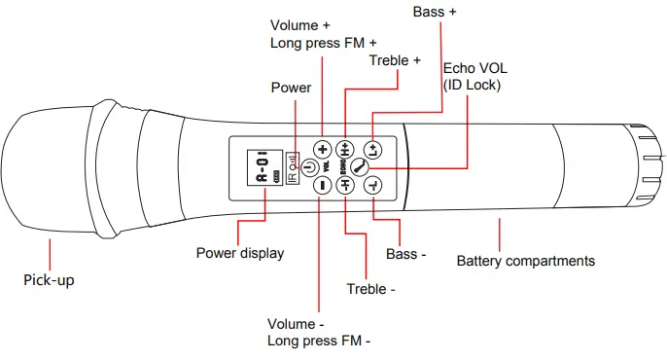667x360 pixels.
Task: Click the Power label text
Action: (x=291, y=88)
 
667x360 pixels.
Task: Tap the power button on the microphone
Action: (x=308, y=167)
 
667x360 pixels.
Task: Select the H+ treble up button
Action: (x=345, y=150)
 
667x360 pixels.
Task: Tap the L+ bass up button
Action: (x=374, y=149)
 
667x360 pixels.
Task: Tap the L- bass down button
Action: (x=374, y=188)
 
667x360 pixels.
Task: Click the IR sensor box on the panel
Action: (x=294, y=169)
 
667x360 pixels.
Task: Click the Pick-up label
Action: (x=49, y=281)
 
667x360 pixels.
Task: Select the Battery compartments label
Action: (x=526, y=261)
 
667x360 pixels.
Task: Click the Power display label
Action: (x=240, y=253)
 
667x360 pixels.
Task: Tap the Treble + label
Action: (x=395, y=60)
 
